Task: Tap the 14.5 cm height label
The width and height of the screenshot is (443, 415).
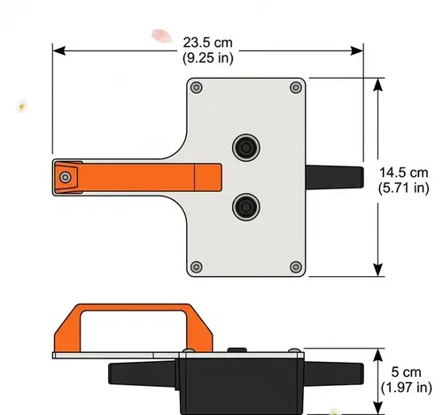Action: tap(403, 173)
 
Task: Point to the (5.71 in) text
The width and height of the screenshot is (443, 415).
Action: tap(403, 188)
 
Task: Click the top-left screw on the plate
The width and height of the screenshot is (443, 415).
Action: tap(197, 87)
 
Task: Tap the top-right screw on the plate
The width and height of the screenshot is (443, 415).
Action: tap(296, 87)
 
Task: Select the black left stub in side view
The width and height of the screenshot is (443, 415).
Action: tap(142, 374)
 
